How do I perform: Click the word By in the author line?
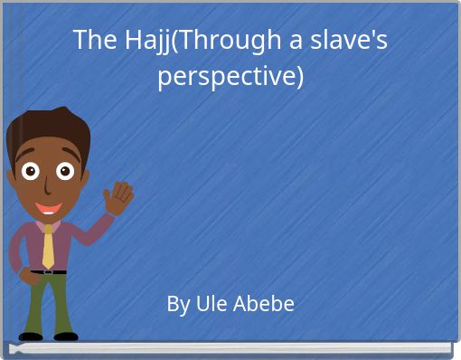click(x=177, y=304)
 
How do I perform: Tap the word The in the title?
click(x=90, y=41)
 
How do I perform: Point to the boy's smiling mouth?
click(x=46, y=205)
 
